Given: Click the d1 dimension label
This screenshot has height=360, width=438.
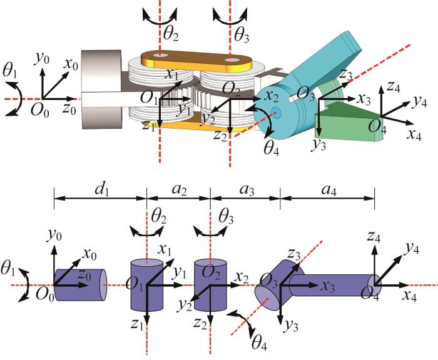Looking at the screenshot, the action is coord(101,190).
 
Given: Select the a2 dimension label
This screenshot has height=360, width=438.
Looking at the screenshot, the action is coord(180,190).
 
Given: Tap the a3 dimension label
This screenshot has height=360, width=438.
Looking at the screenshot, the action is coord(247,190).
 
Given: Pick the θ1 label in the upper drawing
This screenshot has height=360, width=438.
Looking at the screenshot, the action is coord(10,72).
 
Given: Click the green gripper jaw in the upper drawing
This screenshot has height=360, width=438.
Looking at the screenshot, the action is coord(349,121).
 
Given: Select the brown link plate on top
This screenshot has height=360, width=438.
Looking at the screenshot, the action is coord(196,61).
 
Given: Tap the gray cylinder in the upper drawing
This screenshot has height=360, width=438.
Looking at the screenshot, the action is coord(101,89).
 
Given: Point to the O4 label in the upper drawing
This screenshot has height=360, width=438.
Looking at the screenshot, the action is coord(377,127).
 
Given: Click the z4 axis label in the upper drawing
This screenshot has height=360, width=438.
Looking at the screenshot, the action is coord(394,87).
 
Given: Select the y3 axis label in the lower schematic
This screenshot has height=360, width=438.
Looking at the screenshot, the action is coord(291,326).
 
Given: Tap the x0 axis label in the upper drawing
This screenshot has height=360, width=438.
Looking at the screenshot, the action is coord(71,64).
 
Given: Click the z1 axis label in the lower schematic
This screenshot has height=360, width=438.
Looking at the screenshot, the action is coord(137,324).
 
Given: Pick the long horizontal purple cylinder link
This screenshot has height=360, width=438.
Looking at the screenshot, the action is coord(334,285).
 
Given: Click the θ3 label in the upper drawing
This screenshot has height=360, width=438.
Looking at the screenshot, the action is coord(242,36).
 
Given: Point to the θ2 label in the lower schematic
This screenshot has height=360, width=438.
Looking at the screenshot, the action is coord(158,217).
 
